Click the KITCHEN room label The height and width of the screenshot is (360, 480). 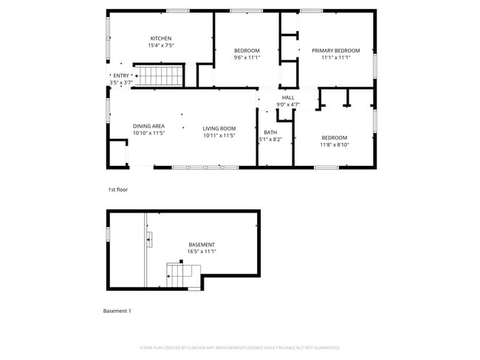[x=161, y=38]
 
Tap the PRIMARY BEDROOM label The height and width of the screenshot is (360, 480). [x=335, y=50]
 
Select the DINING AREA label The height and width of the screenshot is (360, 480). [x=148, y=126]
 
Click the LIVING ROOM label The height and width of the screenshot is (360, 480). [x=219, y=128]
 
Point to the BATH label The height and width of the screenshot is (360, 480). [x=270, y=132]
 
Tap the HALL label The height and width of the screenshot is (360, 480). [x=287, y=97]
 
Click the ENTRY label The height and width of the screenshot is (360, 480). [x=120, y=75]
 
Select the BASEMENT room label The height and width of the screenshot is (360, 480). [x=202, y=244]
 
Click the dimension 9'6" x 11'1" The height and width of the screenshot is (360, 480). [x=247, y=58]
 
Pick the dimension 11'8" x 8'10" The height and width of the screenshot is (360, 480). [x=334, y=145]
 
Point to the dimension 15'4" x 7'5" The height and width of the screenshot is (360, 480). [x=161, y=46]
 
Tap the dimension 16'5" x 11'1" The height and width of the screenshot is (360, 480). [x=202, y=252]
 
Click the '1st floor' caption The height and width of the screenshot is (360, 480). [x=118, y=190]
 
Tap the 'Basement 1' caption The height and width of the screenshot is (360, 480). [x=117, y=311]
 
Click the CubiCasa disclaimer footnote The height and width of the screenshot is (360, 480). [x=239, y=347]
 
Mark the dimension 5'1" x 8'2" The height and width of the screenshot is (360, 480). [x=270, y=139]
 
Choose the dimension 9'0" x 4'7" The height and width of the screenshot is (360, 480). [x=287, y=105]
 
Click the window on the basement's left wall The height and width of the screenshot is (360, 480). [x=108, y=233]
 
